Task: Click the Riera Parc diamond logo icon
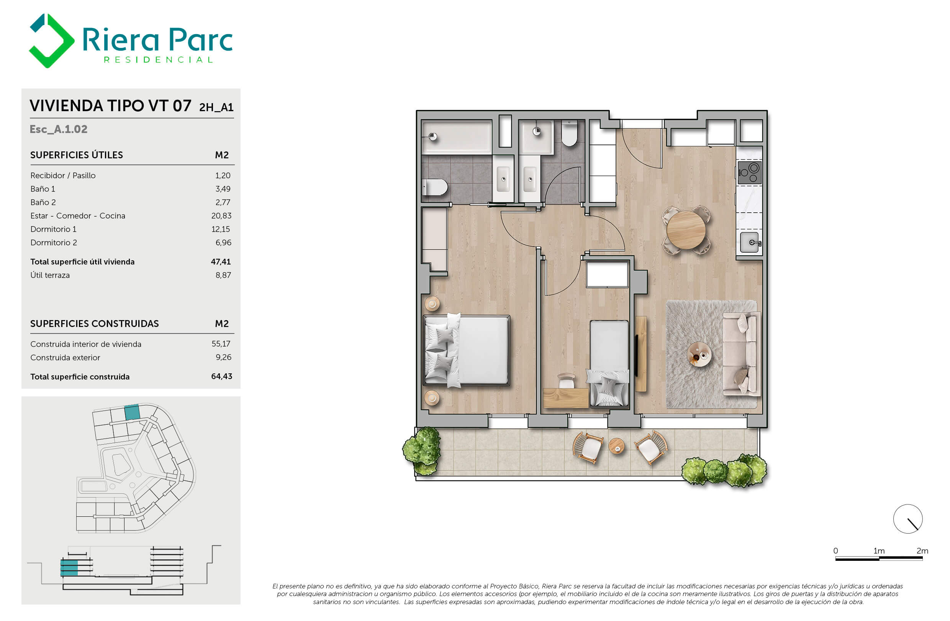51,41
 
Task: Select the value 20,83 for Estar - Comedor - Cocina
221,216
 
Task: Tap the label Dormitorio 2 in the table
54,242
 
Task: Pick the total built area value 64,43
221,376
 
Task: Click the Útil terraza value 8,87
223,275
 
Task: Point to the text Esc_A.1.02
58,129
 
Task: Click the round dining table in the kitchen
686,230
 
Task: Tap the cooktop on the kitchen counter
749,172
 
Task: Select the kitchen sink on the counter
750,242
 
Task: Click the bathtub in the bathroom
457,137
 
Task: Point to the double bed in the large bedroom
466,350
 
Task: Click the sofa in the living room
741,354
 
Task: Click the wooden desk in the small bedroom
566,398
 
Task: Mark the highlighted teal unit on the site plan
132,412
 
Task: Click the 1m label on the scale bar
879,551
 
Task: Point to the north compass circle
908,519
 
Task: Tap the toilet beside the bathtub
434,187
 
